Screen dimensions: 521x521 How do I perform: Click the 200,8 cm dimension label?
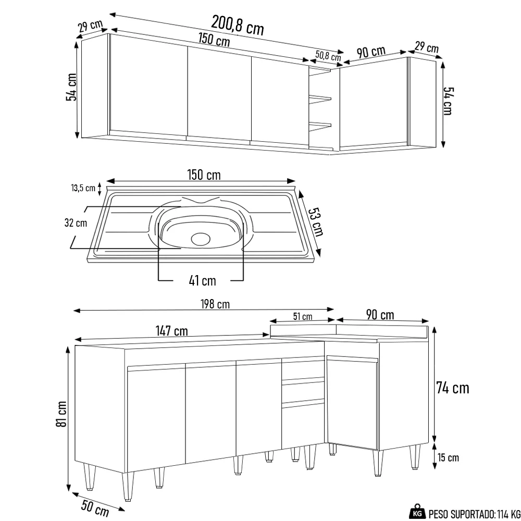pos(237,24)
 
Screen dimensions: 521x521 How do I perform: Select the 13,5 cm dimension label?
pos(83,188)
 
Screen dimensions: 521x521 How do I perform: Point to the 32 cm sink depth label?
pos(76,223)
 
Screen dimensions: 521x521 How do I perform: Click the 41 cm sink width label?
pos(202,281)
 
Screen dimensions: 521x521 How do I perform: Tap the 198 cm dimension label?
pos(215,304)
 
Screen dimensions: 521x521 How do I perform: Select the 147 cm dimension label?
pos(171,331)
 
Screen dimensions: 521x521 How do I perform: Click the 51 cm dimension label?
pos(303,316)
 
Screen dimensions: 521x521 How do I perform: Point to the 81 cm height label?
pos(61,414)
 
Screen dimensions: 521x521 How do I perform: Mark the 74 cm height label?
pos(452,388)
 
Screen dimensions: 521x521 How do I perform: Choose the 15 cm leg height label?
pos(448,458)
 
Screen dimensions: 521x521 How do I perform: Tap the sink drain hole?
pos(200,239)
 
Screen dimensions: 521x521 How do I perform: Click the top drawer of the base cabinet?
pos(303,369)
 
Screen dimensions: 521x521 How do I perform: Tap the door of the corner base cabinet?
pos(352,401)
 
